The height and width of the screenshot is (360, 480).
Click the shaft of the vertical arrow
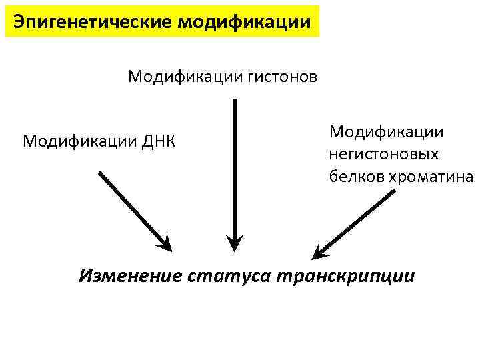coord(233,167)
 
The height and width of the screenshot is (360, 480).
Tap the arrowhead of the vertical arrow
coord(233,242)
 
